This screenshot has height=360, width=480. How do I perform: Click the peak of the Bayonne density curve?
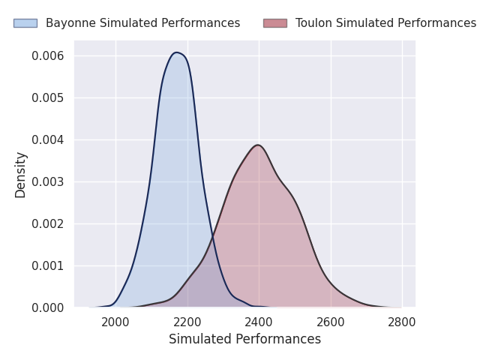tap(176, 52)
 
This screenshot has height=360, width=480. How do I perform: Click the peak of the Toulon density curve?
tap(257, 145)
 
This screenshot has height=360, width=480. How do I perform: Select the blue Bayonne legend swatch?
tap(25, 23)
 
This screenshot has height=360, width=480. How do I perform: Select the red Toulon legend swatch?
tap(274, 23)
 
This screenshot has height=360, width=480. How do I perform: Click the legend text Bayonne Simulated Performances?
tap(142, 23)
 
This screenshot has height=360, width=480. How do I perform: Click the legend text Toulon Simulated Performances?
tap(385, 23)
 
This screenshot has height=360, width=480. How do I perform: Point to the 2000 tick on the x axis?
tap(115, 322)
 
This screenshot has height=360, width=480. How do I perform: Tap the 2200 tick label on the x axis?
tap(187, 322)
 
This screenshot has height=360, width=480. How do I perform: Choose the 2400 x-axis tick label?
tap(259, 322)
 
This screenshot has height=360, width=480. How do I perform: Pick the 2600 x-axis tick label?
tap(331, 322)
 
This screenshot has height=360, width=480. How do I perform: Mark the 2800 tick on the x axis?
tap(402, 322)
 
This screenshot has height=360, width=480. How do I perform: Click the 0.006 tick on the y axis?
tap(48, 56)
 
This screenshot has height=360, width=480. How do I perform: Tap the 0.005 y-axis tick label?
tap(48, 98)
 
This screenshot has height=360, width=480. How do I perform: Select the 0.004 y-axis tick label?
tap(48, 140)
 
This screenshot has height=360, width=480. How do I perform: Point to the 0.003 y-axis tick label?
tap(48, 182)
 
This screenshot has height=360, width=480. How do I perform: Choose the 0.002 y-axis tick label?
tap(48, 224)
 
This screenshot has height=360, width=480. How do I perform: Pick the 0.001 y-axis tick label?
tap(48, 266)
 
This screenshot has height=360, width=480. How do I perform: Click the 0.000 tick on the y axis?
tap(48, 308)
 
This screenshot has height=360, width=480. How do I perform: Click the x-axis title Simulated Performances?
tap(244, 340)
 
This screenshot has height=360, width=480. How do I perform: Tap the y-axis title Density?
tap(20, 175)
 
